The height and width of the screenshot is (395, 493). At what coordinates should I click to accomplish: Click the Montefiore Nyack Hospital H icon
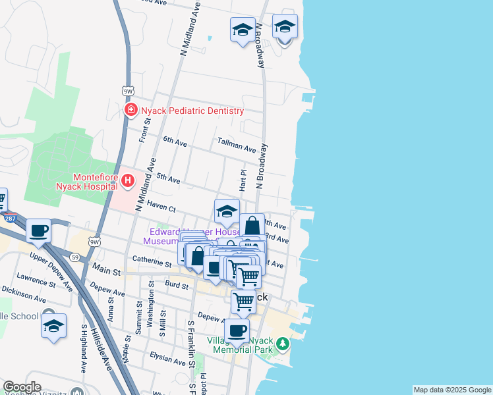click(x=128, y=180)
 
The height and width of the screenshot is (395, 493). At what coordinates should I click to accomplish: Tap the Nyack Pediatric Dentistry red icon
click(x=131, y=110)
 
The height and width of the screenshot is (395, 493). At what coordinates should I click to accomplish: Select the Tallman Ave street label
click(x=236, y=146)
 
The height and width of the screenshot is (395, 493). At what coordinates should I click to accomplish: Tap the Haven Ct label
click(x=161, y=206)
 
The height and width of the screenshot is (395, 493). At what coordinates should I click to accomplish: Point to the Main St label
click(x=106, y=270)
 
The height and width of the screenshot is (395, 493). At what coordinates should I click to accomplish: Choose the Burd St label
click(x=177, y=285)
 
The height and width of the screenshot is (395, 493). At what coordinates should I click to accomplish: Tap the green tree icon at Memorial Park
click(x=283, y=344)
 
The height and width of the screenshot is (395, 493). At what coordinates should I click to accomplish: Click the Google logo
click(x=22, y=387)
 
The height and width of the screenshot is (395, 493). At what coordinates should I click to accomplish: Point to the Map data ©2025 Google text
click(x=452, y=390)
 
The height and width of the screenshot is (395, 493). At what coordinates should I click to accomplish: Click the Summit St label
click(x=138, y=315)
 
